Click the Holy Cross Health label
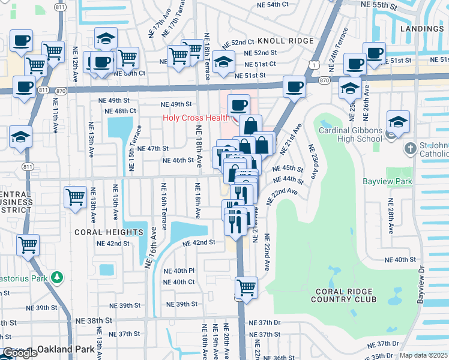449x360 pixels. click(x=197, y=118)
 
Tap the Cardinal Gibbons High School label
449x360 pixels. click(x=350, y=135)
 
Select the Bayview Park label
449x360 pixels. click(x=387, y=181)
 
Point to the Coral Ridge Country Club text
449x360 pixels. click(x=345, y=295)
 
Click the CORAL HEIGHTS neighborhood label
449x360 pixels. click(x=101, y=231)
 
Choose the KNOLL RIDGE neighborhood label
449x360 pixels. click(x=286, y=41)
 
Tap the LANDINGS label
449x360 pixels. click(x=424, y=29)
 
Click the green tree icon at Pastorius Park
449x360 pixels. click(x=57, y=277)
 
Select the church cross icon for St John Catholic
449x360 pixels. click(x=409, y=148)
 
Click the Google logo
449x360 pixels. click(x=19, y=353)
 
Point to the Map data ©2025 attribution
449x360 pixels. click(x=424, y=355)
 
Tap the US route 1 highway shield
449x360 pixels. click(x=313, y=64)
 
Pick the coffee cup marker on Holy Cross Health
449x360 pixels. click(x=238, y=105)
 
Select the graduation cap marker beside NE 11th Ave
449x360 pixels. click(x=20, y=137)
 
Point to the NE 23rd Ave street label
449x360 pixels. click(x=315, y=163)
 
